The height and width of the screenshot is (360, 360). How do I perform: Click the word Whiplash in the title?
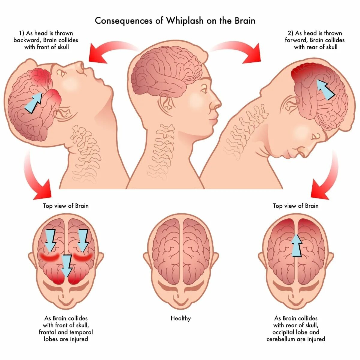(x=185, y=21)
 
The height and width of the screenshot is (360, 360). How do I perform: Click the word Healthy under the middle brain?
(x=181, y=318)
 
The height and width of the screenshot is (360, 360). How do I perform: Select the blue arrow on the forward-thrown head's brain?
(x=325, y=89)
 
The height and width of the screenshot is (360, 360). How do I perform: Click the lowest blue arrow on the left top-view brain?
(x=67, y=266)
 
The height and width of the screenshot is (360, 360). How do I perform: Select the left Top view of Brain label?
(x=66, y=206)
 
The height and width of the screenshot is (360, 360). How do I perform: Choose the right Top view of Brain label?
(x=295, y=206)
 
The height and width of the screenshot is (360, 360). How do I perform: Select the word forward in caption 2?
(x=296, y=40)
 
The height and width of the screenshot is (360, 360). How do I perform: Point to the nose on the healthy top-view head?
(x=181, y=297)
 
